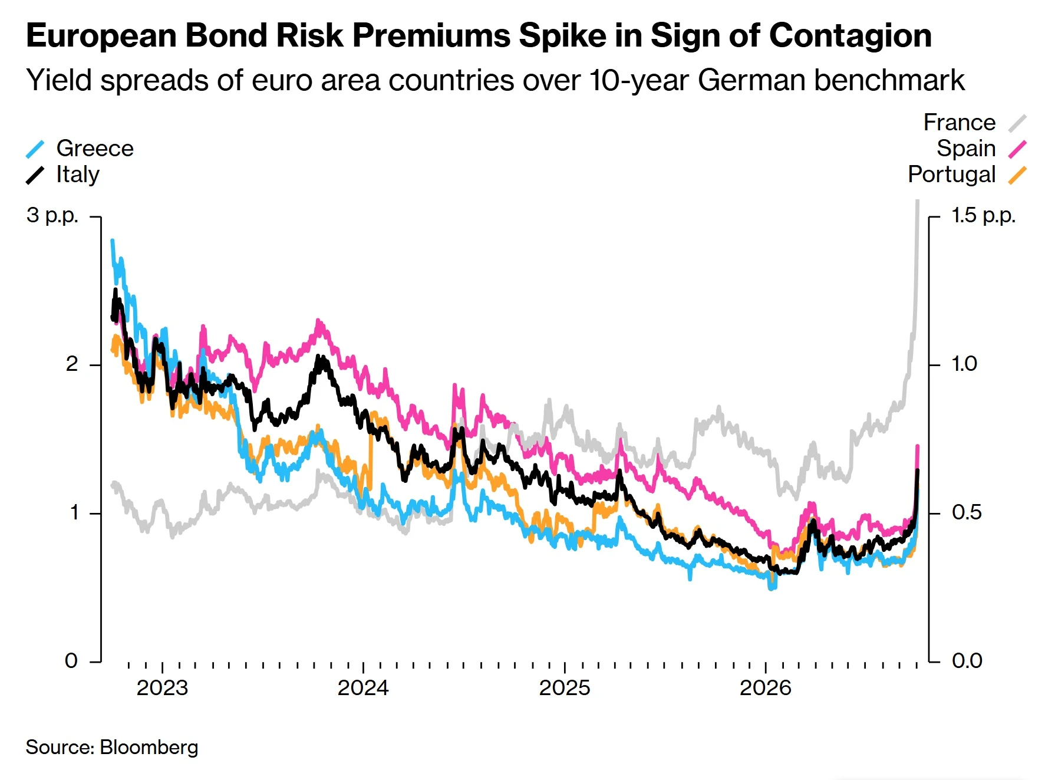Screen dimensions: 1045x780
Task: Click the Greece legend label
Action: [x=95, y=149]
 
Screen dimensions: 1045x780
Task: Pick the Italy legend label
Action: [x=78, y=175]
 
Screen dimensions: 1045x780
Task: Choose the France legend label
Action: [x=960, y=123]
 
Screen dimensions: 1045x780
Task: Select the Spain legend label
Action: [x=966, y=149]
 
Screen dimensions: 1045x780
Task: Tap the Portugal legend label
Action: [x=952, y=175]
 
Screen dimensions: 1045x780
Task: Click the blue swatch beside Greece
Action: [x=35, y=149]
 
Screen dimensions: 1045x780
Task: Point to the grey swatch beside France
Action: [x=1017, y=123]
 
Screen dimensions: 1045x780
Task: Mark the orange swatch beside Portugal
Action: [x=1017, y=175]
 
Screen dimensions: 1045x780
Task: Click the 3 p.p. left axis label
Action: [x=52, y=216]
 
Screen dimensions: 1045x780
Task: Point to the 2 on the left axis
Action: [x=72, y=364]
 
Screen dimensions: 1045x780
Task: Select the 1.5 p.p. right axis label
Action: [x=984, y=216]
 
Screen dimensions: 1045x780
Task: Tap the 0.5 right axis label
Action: [x=967, y=512]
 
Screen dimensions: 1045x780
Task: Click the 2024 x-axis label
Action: [x=363, y=688]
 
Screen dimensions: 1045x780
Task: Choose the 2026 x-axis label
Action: [x=766, y=688]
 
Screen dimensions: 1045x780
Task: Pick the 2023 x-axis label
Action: [x=162, y=688]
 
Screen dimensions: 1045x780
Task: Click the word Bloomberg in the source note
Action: [x=149, y=748]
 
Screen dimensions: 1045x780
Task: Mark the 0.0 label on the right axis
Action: [x=967, y=661]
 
